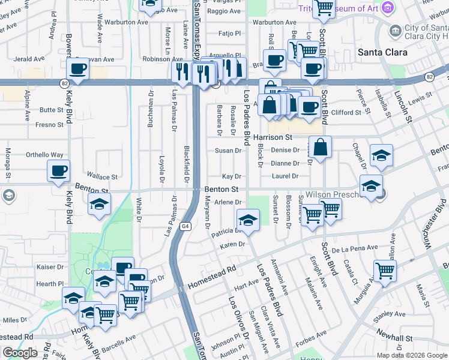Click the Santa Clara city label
382,52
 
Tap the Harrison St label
272,137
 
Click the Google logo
20,353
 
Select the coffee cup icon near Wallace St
58,171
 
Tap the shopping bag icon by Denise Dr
321,147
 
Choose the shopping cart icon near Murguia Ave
384,271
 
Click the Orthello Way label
44,155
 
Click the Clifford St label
346,112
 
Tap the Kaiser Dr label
50,267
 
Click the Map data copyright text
411,355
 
